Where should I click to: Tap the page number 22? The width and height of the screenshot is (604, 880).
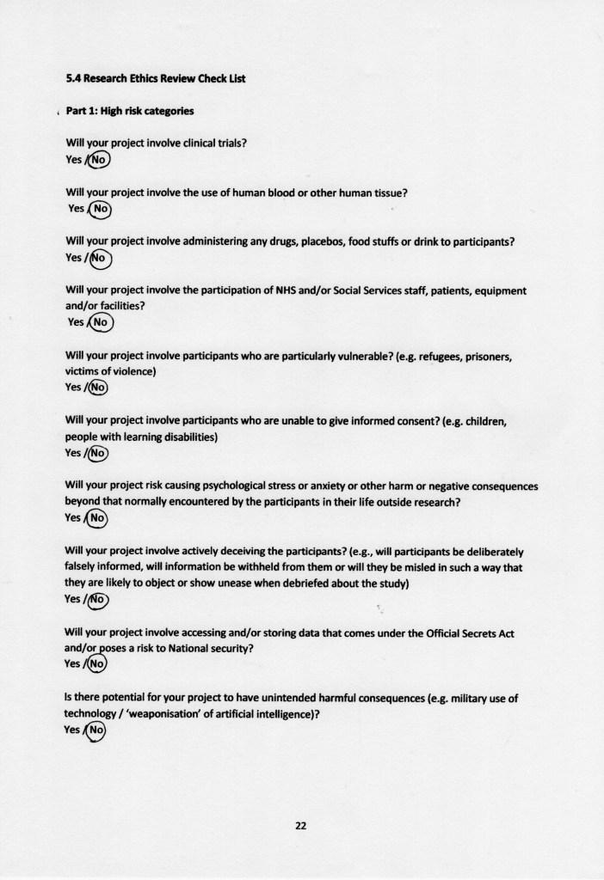(x=301, y=826)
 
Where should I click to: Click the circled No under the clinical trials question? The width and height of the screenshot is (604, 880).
(x=100, y=160)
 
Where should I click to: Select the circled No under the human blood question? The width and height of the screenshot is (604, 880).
(x=101, y=208)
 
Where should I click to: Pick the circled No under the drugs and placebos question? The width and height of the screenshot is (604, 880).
(x=99, y=257)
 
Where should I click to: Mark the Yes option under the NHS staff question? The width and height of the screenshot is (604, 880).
(x=76, y=322)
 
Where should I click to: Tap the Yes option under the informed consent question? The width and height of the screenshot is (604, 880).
(x=73, y=453)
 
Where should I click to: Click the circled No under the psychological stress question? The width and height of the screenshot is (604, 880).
(x=98, y=518)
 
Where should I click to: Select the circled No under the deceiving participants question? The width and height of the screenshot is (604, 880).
(x=98, y=600)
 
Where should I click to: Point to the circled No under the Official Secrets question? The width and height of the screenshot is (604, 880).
(x=97, y=664)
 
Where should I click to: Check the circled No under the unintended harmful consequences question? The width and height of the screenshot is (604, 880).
(x=96, y=730)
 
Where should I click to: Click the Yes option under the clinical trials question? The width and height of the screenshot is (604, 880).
(x=73, y=160)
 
